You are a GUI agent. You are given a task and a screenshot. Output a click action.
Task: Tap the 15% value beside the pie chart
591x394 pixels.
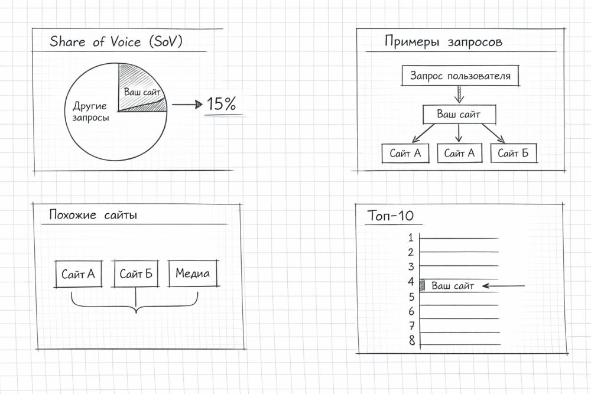(x=221, y=105)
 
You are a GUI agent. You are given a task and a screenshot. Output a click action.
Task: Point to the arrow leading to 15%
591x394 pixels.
(x=186, y=105)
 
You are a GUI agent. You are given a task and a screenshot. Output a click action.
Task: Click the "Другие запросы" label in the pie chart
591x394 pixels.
(x=90, y=112)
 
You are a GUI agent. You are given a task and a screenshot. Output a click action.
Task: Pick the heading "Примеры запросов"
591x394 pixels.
(x=443, y=42)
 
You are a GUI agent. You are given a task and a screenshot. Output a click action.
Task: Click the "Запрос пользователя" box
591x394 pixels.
(x=460, y=76)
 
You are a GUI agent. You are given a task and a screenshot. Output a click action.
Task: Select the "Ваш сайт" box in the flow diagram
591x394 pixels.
(x=459, y=114)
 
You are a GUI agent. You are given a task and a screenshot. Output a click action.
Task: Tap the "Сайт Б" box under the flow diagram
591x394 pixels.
(x=513, y=154)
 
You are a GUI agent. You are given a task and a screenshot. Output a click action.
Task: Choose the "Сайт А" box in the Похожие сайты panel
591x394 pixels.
(x=78, y=274)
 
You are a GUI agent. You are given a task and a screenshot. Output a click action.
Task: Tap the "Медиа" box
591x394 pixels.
(x=193, y=274)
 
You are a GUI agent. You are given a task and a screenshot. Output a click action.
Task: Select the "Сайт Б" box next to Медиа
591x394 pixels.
(x=136, y=274)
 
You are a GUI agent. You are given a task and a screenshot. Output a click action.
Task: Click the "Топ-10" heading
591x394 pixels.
(x=391, y=216)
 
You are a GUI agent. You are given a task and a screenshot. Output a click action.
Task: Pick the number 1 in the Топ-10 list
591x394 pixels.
(x=411, y=237)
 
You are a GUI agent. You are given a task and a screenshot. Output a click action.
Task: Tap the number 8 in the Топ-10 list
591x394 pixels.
(x=411, y=340)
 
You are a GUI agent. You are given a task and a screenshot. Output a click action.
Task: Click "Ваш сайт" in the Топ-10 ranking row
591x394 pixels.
(x=453, y=286)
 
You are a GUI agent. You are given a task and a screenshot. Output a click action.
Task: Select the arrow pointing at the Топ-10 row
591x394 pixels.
(x=504, y=286)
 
